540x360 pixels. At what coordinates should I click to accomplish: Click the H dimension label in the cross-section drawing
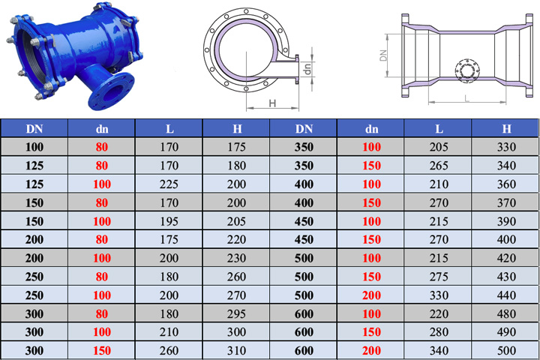click(x=272, y=103)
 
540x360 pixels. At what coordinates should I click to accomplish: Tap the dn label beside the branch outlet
click(x=307, y=68)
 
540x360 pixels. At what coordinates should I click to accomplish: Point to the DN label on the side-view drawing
click(x=383, y=55)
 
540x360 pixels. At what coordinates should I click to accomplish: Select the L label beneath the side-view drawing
click(x=467, y=98)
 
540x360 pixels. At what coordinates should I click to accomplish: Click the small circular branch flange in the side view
click(x=467, y=71)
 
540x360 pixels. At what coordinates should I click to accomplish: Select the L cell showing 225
click(x=169, y=184)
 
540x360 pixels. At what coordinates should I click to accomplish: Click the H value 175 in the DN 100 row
click(x=236, y=147)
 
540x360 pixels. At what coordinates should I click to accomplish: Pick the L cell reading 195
click(x=169, y=221)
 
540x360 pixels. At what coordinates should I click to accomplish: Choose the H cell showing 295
click(x=236, y=313)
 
